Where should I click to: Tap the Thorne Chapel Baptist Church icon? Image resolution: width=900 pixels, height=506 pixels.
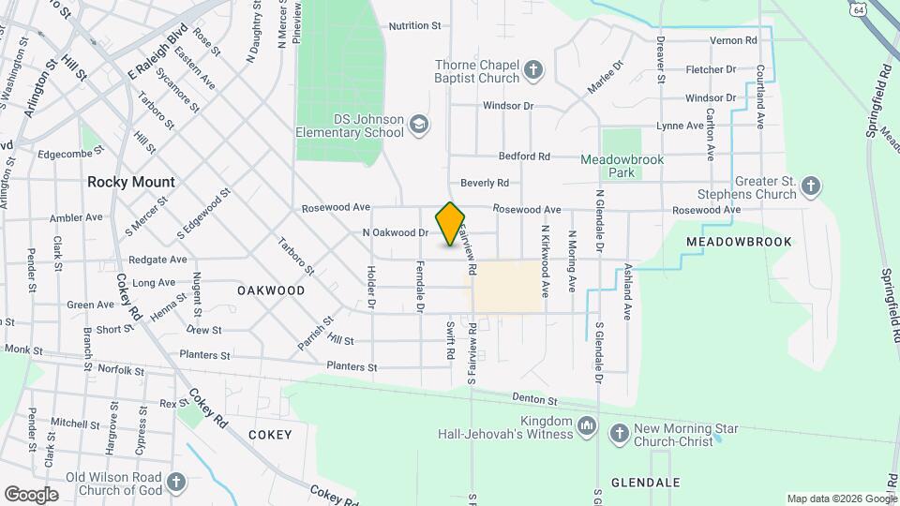click(533, 70)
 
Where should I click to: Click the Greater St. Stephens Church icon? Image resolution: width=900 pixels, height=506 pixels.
click(811, 188)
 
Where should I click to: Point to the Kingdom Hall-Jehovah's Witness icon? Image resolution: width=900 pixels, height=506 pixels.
click(586, 427)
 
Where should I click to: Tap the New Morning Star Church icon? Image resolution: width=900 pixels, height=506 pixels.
click(619, 434)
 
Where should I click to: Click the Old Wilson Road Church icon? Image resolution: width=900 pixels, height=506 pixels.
click(175, 484)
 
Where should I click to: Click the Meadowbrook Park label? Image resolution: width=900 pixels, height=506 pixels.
click(622, 166)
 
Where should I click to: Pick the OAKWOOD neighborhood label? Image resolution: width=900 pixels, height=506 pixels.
click(271, 290)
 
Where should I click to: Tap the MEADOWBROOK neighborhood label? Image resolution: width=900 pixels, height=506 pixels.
click(739, 242)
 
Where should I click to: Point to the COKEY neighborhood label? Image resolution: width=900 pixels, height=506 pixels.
click(270, 435)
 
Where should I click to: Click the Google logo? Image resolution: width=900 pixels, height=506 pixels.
click(31, 494)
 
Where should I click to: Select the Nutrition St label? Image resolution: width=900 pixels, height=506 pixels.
click(414, 26)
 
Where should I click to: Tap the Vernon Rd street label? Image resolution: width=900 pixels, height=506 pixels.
click(733, 40)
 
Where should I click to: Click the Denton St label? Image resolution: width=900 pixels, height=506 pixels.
click(535, 399)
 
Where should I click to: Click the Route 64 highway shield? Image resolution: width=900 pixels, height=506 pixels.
click(859, 7)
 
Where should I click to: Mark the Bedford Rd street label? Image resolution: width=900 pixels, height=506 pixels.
click(524, 156)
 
